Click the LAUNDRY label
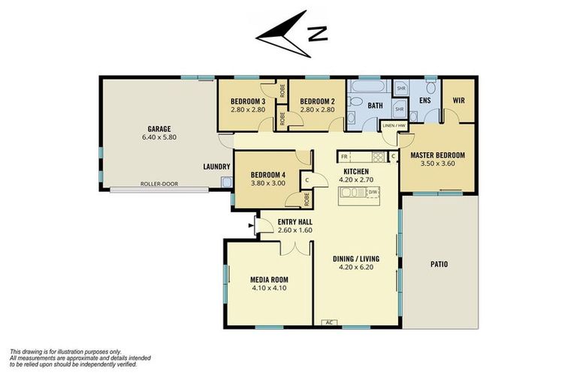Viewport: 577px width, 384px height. (x=216, y=166)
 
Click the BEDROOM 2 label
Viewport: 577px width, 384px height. (x=316, y=101)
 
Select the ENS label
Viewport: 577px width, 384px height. (x=425, y=100)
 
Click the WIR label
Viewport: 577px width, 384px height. (x=459, y=100)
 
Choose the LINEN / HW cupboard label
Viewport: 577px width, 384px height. (x=394, y=125)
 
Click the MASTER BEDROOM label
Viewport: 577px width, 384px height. (x=437, y=155)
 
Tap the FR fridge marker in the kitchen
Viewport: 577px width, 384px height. (x=344, y=156)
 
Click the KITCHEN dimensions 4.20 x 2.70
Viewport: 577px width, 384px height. (x=356, y=180)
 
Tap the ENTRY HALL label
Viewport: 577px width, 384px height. (x=295, y=221)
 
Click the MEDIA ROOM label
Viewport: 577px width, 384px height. (x=268, y=280)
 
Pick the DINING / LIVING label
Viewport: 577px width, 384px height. (x=356, y=259)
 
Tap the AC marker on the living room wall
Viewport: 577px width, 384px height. (x=328, y=322)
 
